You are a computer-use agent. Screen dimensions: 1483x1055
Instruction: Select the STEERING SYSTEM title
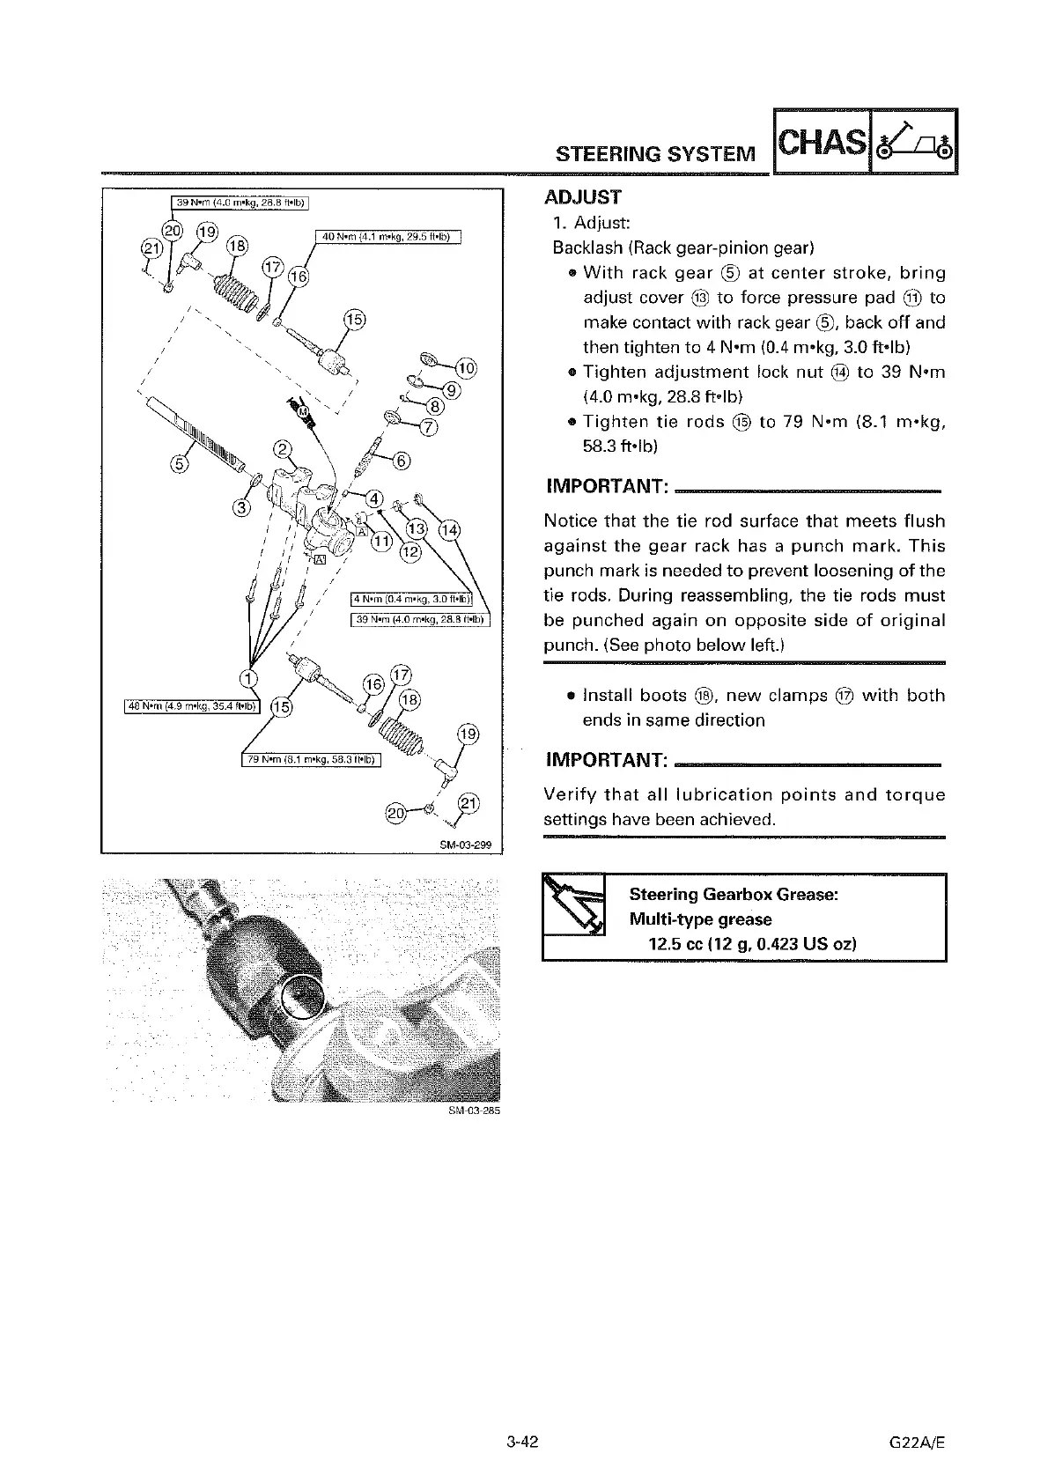(x=655, y=155)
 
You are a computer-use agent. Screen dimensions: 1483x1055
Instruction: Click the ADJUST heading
(x=583, y=197)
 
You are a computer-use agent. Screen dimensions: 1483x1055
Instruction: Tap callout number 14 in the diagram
(x=449, y=528)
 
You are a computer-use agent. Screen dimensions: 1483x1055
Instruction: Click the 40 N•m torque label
(x=387, y=236)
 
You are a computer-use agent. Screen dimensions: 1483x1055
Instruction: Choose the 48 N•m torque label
(x=190, y=705)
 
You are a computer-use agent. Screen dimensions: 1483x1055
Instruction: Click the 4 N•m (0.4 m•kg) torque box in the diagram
(x=412, y=601)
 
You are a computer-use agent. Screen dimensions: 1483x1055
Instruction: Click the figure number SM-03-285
(x=474, y=1111)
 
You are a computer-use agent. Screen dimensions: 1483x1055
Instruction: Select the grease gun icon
(x=573, y=906)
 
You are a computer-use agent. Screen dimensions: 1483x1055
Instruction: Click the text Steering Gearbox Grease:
(x=733, y=895)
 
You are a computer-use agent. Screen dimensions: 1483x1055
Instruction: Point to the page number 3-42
(x=522, y=1442)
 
